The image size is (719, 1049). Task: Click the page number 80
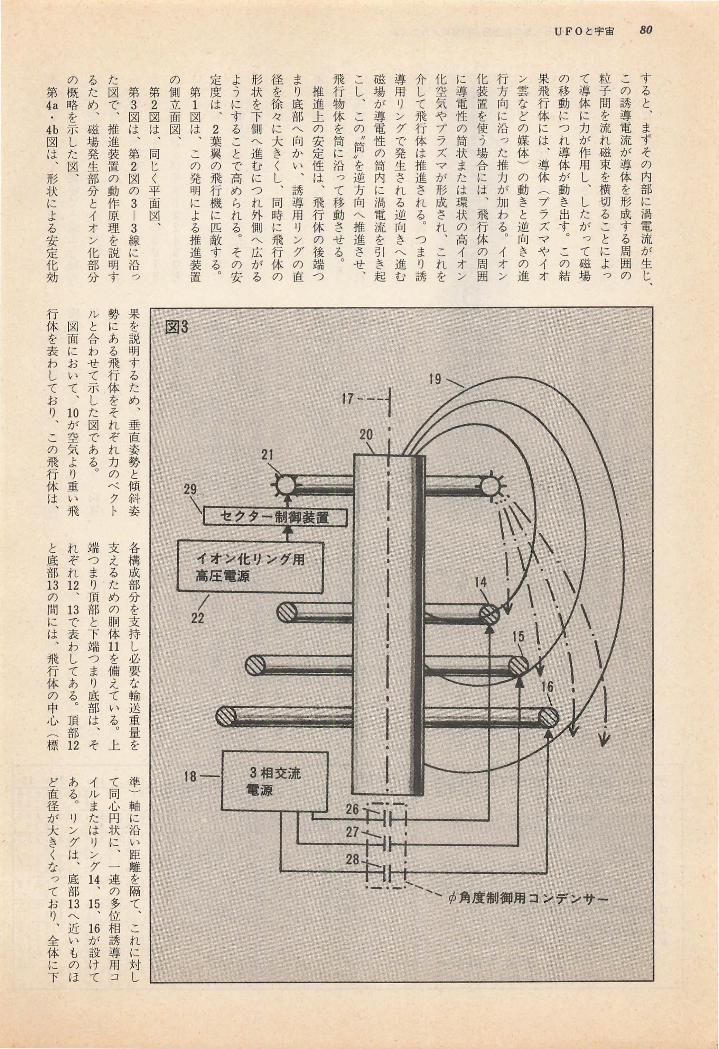[645, 30]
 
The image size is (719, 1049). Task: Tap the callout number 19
[435, 379]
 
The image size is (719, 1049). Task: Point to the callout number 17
[347, 399]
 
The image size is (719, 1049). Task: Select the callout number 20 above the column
[366, 435]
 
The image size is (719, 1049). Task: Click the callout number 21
[268, 454]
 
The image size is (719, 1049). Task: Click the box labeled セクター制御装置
[275, 516]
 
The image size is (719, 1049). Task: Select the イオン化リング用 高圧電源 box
[250, 567]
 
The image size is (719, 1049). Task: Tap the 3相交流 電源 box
[275, 780]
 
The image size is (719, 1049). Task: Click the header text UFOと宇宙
[584, 31]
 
